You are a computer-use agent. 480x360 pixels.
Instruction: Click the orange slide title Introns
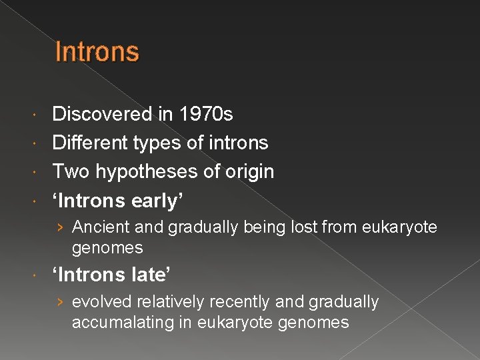97,51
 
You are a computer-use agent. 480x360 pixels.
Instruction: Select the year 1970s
206,115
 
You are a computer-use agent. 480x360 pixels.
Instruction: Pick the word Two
71,171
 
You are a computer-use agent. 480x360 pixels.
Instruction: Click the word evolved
101,302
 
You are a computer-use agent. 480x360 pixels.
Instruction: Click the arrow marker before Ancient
60,228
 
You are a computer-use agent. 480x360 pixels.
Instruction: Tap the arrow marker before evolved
60,303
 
